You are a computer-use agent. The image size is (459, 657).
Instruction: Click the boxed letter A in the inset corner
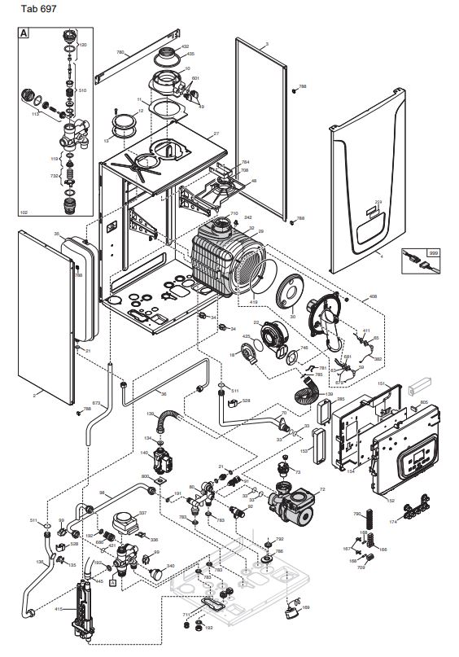click(24, 34)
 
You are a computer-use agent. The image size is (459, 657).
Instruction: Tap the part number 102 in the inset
click(24, 212)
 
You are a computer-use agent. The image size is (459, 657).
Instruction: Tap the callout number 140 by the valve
click(145, 453)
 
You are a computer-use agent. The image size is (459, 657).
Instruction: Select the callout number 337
click(143, 513)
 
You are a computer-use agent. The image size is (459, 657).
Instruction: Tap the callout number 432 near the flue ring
click(184, 46)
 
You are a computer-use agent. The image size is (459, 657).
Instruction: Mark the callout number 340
click(170, 566)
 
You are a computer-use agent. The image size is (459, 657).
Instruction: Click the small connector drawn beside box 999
click(416, 262)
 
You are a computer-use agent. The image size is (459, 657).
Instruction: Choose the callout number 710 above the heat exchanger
click(234, 213)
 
